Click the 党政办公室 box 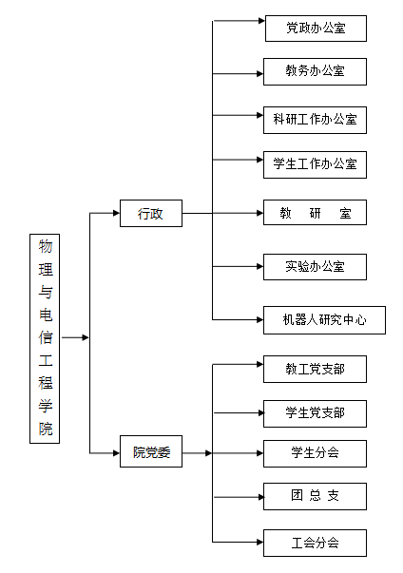pyautogui.click(x=316, y=29)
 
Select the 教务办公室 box pyautogui.click(x=315, y=71)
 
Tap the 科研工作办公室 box pyautogui.click(x=315, y=121)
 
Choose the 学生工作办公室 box pyautogui.click(x=315, y=164)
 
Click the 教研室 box pyautogui.click(x=315, y=212)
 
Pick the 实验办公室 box pyautogui.click(x=315, y=267)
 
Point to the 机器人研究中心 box pyautogui.click(x=324, y=320)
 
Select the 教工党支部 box pyautogui.click(x=315, y=369)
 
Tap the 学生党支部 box pyautogui.click(x=315, y=413)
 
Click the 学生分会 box pyautogui.click(x=315, y=453)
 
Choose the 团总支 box pyautogui.click(x=315, y=496)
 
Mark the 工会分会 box pyautogui.click(x=315, y=543)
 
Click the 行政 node pyautogui.click(x=151, y=213)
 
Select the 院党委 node pyautogui.click(x=151, y=451)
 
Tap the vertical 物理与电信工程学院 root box pyautogui.click(x=45, y=338)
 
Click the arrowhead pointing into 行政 pyautogui.click(x=117, y=213)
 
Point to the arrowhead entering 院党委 pyautogui.click(x=117, y=453)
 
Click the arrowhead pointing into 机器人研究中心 pyautogui.click(x=259, y=320)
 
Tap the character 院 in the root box pyautogui.click(x=46, y=429)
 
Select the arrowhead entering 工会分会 pyautogui.click(x=259, y=543)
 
